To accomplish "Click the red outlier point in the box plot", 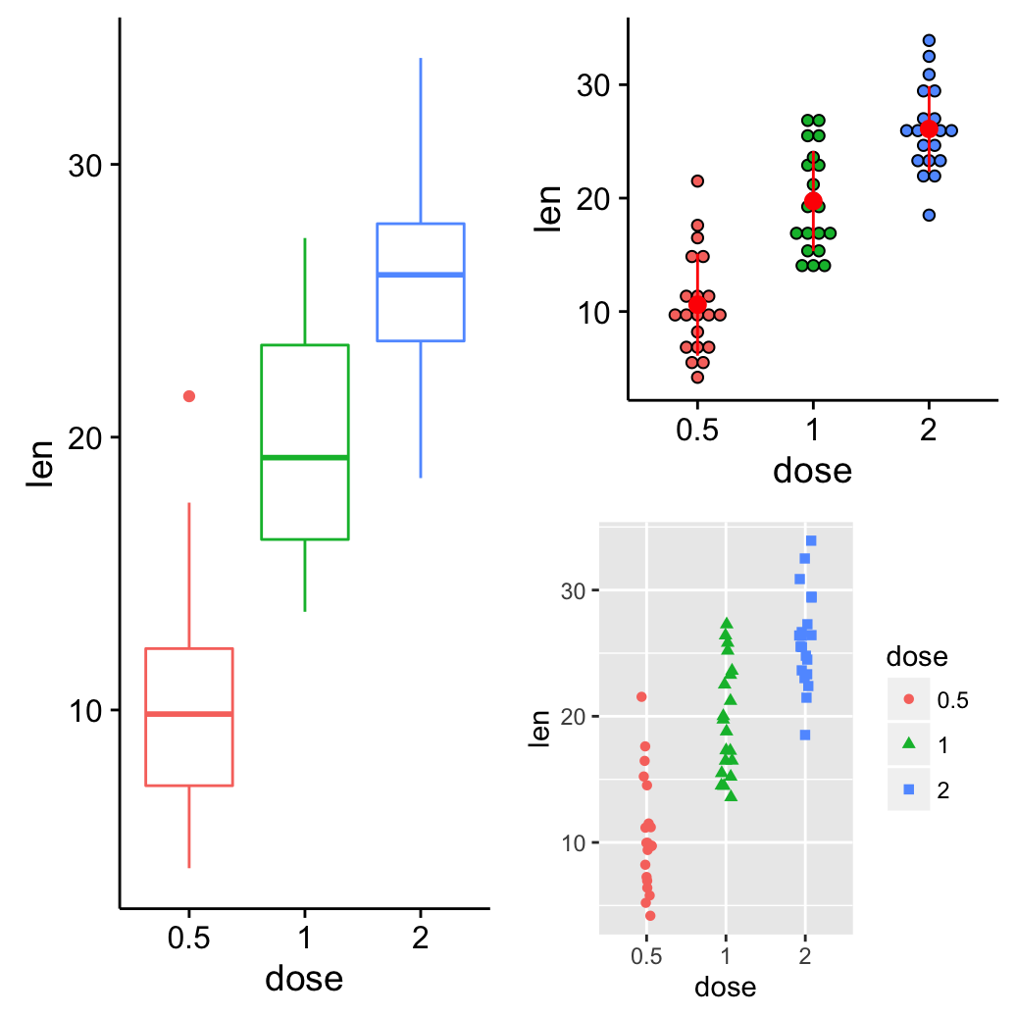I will pyautogui.click(x=189, y=396).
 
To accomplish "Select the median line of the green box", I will pyautogui.click(x=305, y=457).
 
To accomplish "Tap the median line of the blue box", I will pyautogui.click(x=421, y=275).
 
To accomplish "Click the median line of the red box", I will pyautogui.click(x=189, y=714).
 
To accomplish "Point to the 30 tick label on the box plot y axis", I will pyautogui.click(x=86, y=165).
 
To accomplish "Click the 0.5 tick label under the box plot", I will pyautogui.click(x=189, y=939).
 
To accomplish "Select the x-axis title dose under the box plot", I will pyautogui.click(x=304, y=978).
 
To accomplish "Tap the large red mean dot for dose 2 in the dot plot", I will pyautogui.click(x=929, y=129).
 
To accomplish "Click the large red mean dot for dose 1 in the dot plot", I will pyautogui.click(x=813, y=201).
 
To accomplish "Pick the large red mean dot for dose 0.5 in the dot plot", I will pyautogui.click(x=697, y=304).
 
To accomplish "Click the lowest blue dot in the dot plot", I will pyautogui.click(x=929, y=215).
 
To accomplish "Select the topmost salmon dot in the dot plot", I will pyautogui.click(x=697, y=180).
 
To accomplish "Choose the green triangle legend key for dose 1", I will pyautogui.click(x=908, y=744).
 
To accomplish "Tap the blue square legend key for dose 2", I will pyautogui.click(x=908, y=789).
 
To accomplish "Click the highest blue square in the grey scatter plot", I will pyautogui.click(x=811, y=540).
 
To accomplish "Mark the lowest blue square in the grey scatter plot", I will pyautogui.click(x=805, y=735).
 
